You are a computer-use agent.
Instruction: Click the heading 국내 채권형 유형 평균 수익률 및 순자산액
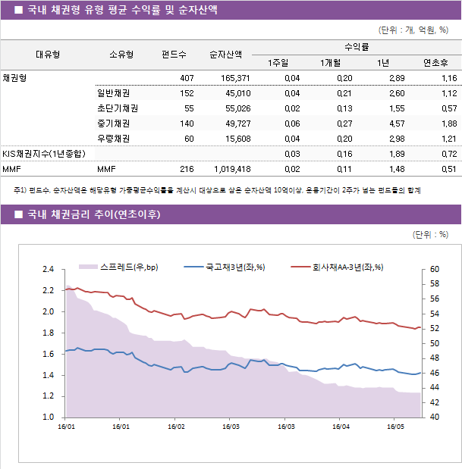click(x=122, y=10)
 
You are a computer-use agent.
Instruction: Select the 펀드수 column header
click(x=174, y=54)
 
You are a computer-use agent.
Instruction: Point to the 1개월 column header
click(x=332, y=62)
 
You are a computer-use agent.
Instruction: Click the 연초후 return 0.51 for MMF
click(x=448, y=169)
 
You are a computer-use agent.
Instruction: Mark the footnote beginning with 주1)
click(x=216, y=191)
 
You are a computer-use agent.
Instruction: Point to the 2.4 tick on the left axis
click(x=49, y=269)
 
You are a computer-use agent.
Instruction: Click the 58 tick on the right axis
click(x=434, y=284)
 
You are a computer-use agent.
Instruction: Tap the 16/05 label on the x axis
click(x=395, y=427)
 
